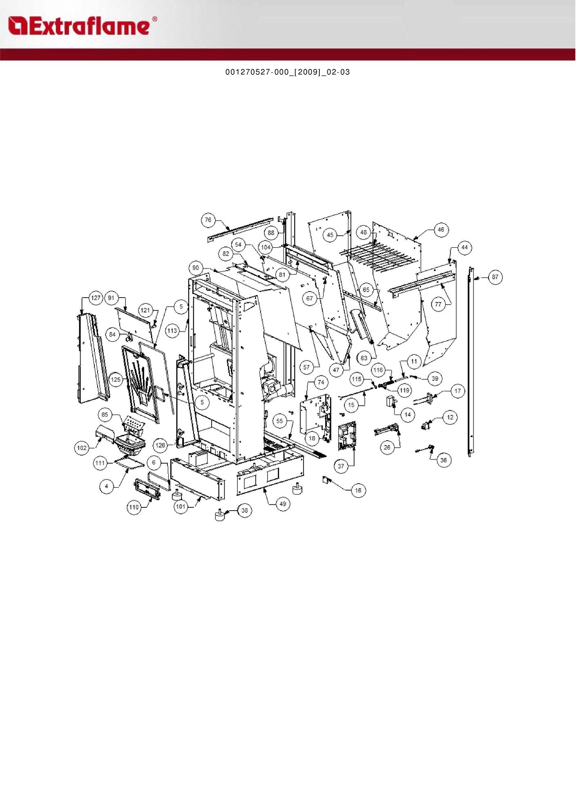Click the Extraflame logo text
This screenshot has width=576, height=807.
[82, 26]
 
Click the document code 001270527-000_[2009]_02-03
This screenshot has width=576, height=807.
[288, 72]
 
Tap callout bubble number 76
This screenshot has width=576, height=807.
[208, 220]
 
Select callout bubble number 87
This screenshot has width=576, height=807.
[495, 277]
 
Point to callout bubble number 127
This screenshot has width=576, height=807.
[96, 298]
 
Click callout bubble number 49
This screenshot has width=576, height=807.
[283, 504]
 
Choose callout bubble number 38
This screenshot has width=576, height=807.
[244, 510]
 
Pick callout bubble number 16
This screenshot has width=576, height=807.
[358, 490]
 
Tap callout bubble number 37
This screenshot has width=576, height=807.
[341, 466]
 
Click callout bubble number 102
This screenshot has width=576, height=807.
[82, 448]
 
